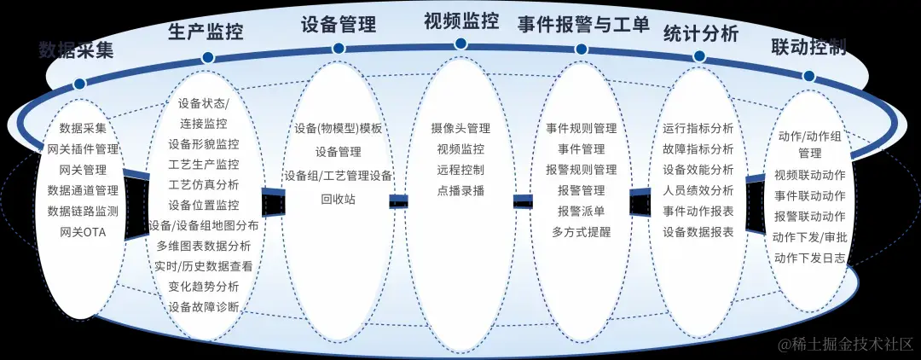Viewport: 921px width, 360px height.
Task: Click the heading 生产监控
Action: pos(205,32)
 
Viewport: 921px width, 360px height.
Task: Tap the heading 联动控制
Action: pos(808,46)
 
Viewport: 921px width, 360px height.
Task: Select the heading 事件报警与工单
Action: pos(582,25)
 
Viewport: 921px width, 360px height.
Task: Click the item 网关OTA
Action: pos(83,231)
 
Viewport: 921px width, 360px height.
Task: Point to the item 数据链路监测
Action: pos(83,211)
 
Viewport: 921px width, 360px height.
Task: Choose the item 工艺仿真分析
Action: pos(204,184)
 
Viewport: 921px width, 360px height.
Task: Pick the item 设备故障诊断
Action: pos(204,306)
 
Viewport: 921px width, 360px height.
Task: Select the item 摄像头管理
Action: pos(460,128)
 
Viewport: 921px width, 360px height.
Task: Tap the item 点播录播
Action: pos(460,190)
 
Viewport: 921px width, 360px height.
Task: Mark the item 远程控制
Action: pos(460,169)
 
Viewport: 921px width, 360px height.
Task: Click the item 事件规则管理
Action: pos(582,129)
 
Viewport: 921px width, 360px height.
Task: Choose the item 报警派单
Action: pos(582,211)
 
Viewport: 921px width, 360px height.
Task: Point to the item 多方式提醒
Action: pos(582,231)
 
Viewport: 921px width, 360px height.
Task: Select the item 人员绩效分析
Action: pos(698,190)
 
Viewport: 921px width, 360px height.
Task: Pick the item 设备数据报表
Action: pos(698,231)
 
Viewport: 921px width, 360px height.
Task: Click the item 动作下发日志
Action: pos(809,257)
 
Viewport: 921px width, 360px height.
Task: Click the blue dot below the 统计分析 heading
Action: pos(699,56)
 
